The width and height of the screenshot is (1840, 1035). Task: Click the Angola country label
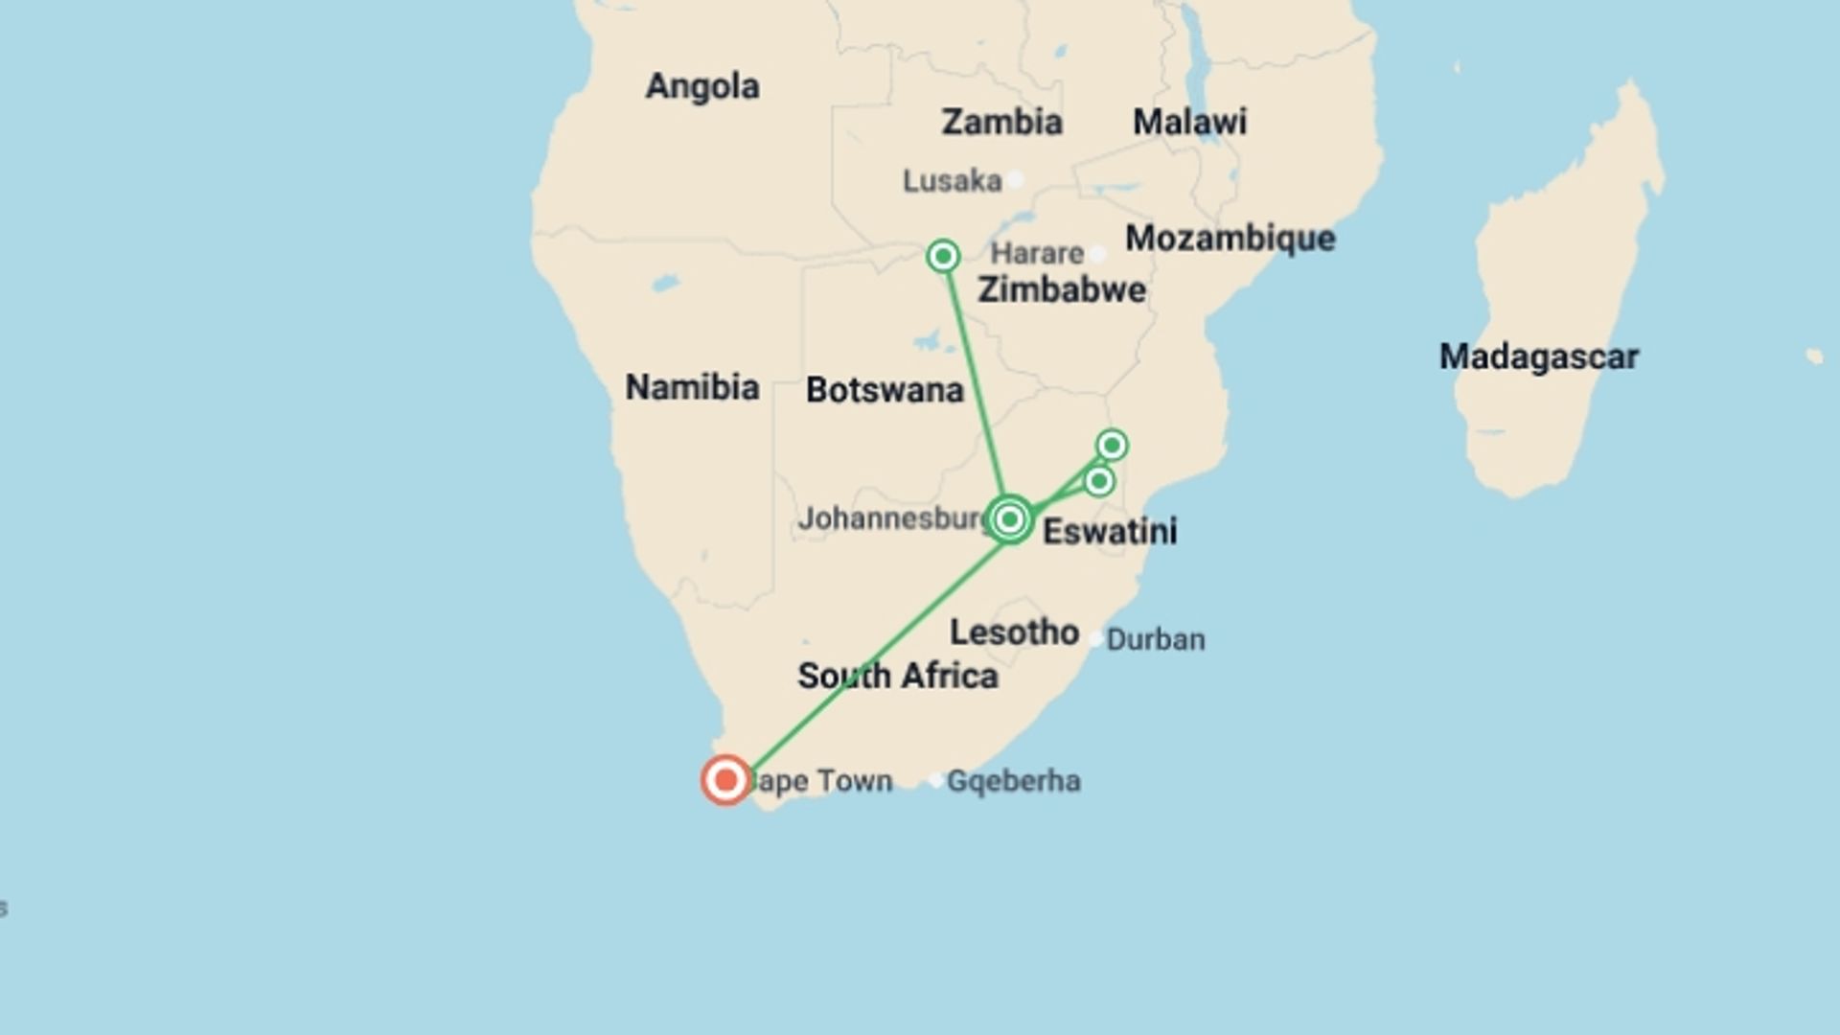[x=702, y=86]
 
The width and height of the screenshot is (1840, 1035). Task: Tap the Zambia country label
[x=1001, y=122]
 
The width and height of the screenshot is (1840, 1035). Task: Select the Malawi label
[x=1189, y=122]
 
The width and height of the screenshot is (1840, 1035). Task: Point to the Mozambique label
[x=1230, y=238]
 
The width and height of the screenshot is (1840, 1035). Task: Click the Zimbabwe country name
[x=1061, y=289]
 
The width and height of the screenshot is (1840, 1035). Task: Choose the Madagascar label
[x=1538, y=356]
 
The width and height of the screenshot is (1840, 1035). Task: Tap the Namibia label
[x=692, y=387]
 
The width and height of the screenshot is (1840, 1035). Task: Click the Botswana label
[x=885, y=390]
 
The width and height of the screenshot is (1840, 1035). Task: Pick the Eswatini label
[x=1110, y=531]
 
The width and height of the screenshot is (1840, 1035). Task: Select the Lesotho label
[x=1014, y=632]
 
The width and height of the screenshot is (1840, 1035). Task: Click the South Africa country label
[x=898, y=676]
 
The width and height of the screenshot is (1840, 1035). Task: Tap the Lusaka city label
[x=952, y=180]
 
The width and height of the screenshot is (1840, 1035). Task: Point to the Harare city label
[x=1037, y=253]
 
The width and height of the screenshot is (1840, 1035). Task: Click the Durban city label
[x=1156, y=639]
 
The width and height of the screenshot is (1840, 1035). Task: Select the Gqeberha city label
[x=1013, y=781]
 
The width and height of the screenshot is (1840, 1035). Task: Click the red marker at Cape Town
[x=725, y=780]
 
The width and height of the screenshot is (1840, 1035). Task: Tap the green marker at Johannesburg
[x=1009, y=519]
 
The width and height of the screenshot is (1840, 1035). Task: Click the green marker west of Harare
[x=943, y=256]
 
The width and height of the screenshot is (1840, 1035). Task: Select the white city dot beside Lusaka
[x=1015, y=179]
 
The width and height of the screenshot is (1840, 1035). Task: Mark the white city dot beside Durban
[x=1095, y=639]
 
